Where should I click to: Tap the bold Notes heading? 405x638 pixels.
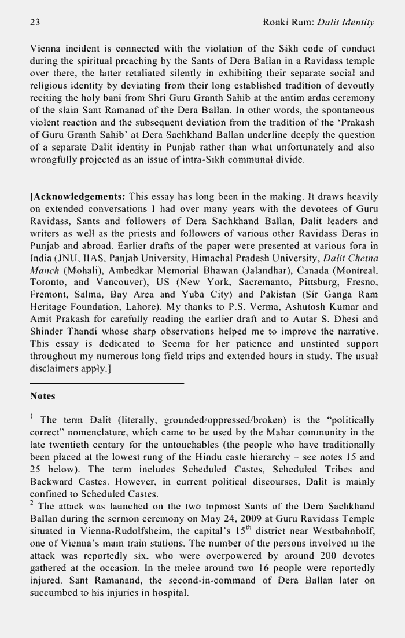[x=42, y=397]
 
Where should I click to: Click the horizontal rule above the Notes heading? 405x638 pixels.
[x=106, y=383]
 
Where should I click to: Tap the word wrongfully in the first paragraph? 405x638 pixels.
[x=58, y=159]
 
